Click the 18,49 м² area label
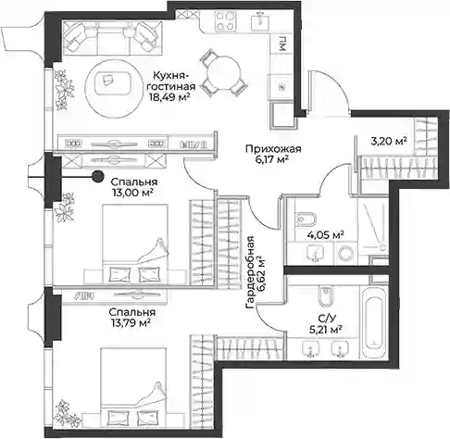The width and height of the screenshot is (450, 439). (169, 97)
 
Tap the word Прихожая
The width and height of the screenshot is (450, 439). (273, 149)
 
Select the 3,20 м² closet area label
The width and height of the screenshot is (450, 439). (389, 141)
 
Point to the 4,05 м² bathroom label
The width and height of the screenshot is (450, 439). (326, 235)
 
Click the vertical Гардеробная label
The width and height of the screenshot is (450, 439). (250, 272)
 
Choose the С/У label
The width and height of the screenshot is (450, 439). (325, 318)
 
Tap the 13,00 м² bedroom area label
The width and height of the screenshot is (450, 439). (133, 193)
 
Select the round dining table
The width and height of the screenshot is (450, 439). (223, 73)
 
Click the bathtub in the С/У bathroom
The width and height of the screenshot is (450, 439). (374, 322)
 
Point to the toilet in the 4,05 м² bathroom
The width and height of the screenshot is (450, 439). (306, 219)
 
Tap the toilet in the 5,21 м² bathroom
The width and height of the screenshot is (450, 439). (325, 295)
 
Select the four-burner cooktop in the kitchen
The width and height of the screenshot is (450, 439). (225, 20)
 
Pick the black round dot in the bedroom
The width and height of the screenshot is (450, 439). (98, 176)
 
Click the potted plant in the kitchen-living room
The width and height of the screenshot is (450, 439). (64, 90)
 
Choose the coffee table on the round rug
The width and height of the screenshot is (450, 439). (112, 83)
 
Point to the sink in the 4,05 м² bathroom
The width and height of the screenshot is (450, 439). (316, 253)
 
